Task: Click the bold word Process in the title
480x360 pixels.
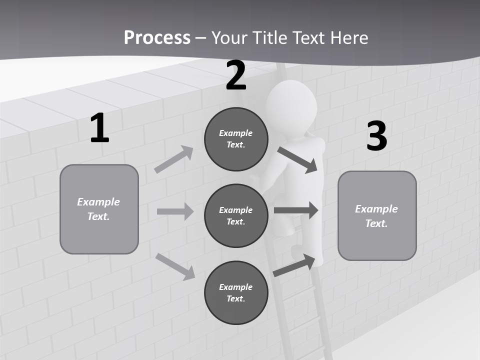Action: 157,37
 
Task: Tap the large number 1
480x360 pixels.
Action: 99,128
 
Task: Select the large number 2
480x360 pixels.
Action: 236,75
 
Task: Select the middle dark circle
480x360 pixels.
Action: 236,215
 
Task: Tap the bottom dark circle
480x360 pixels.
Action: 236,292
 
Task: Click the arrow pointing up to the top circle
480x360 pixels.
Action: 174,159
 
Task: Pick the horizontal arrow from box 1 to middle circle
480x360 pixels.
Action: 175,211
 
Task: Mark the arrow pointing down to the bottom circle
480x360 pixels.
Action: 175,266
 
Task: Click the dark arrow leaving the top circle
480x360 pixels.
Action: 297,160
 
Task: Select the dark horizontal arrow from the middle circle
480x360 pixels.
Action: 296,210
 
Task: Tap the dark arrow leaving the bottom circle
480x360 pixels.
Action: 294,265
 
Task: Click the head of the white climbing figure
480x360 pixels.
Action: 291,105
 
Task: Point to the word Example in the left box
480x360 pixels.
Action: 98,202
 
